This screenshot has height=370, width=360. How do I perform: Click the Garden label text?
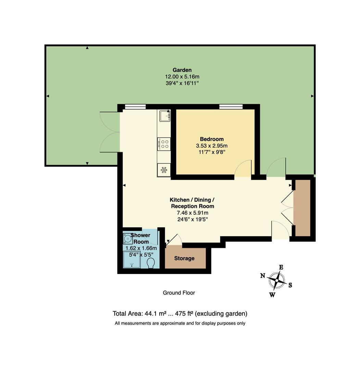[x=182, y=70]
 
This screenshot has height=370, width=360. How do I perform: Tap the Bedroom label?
[x=212, y=139]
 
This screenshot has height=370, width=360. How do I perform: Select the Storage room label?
[x=184, y=258]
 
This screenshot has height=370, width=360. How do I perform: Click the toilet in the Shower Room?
[x=150, y=263]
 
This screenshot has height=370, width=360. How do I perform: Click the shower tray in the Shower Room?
[x=132, y=259]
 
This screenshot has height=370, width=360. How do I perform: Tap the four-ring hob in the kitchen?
[x=164, y=143]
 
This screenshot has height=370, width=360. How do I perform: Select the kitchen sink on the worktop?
[x=164, y=116]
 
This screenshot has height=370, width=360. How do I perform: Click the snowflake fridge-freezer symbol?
[x=164, y=170]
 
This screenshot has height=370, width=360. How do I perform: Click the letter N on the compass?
[x=263, y=275]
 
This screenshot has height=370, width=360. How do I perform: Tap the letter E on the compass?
[x=281, y=267]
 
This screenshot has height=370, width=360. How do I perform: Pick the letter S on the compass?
[x=290, y=285]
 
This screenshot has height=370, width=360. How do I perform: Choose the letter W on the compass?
[x=272, y=295]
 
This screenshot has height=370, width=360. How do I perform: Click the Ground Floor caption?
[x=179, y=293]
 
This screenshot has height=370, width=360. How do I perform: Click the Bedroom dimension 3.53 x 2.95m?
[x=212, y=145]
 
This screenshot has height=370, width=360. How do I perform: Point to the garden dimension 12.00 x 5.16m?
[x=182, y=77]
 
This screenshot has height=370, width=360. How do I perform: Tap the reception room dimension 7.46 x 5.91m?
[x=192, y=213]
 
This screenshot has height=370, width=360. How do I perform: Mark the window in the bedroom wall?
[x=231, y=107]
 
